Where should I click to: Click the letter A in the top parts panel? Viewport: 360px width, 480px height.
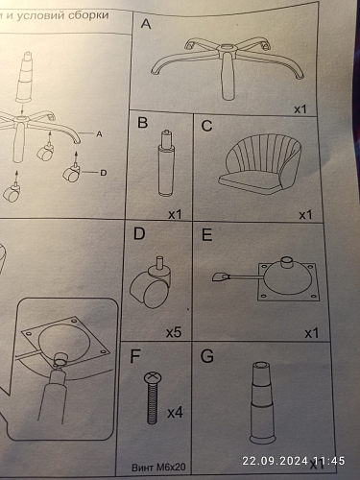(x=146, y=24)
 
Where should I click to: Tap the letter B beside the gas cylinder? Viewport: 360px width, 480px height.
(x=142, y=123)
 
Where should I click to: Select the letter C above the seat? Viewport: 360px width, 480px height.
(x=206, y=126)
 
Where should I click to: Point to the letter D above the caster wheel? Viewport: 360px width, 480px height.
(x=139, y=234)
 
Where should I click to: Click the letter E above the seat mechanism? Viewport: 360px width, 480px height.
(x=207, y=235)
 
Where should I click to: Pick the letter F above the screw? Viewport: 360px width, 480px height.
(x=135, y=356)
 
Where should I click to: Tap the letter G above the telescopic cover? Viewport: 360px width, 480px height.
(x=207, y=356)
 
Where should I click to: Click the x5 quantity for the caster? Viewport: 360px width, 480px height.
(x=174, y=333)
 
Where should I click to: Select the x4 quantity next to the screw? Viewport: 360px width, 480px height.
(x=175, y=413)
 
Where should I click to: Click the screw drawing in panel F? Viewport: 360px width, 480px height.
(x=153, y=397)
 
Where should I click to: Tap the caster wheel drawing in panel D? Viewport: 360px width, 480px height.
(x=151, y=282)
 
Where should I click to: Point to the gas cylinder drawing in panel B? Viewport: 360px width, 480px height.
(x=166, y=163)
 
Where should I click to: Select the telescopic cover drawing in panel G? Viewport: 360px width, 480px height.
(x=262, y=403)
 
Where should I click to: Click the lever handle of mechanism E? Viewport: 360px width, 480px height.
(x=221, y=276)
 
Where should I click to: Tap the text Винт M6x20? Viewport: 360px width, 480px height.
(x=158, y=468)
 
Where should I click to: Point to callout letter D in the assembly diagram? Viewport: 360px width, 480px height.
(x=104, y=173)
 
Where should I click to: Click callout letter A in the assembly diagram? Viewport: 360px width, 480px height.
(x=99, y=134)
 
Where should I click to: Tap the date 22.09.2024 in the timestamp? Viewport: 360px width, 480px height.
(x=275, y=461)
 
